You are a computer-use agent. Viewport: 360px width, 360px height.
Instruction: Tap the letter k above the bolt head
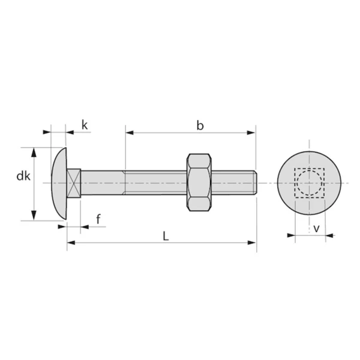(x=85, y=125)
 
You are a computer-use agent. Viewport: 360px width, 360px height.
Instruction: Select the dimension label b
(x=200, y=125)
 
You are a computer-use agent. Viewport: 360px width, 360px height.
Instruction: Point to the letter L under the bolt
(x=166, y=236)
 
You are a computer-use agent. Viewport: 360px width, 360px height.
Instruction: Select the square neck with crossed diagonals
(x=73, y=182)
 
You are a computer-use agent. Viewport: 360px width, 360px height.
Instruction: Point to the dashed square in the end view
(x=309, y=183)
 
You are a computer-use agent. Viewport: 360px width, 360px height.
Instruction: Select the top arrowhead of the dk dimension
(x=34, y=151)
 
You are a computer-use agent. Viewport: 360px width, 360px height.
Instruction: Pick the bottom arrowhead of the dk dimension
(x=34, y=217)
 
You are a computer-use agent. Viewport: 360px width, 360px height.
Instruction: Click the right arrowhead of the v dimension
(x=329, y=236)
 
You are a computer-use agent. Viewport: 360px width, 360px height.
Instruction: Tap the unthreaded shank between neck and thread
(x=102, y=182)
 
